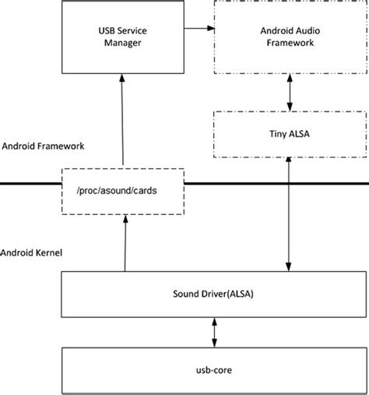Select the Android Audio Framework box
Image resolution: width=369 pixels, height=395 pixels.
[x=289, y=38]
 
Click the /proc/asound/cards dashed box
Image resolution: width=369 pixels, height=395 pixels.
[x=123, y=192]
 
